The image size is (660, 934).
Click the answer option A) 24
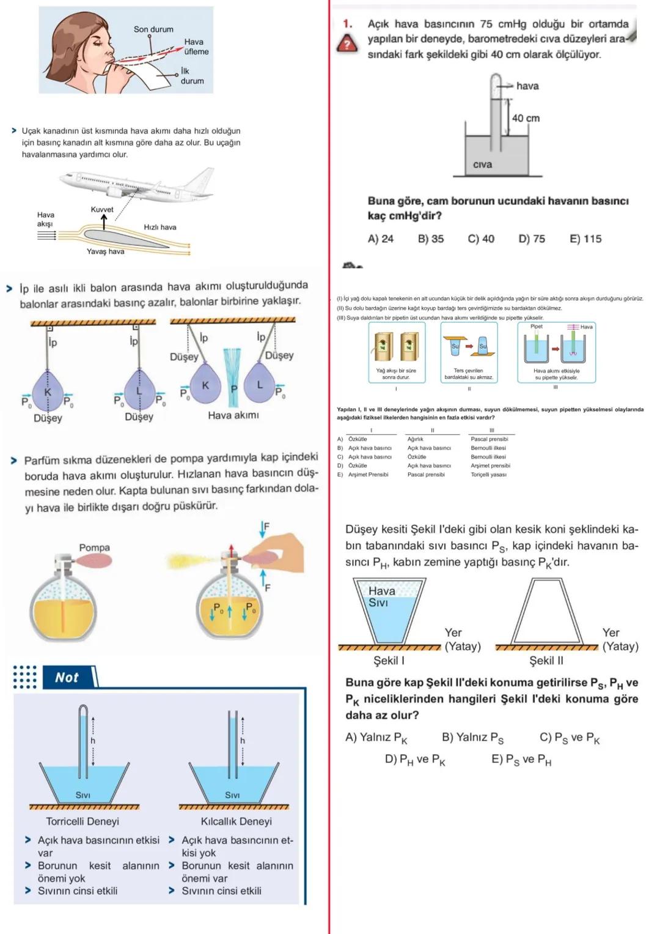[380, 239]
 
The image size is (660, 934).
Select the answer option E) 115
[585, 239]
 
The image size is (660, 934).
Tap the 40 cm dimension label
[526, 118]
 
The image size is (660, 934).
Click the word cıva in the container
[482, 164]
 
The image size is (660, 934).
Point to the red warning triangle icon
[348, 45]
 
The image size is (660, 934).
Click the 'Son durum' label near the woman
[153, 29]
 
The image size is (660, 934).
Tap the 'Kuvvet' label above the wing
[102, 209]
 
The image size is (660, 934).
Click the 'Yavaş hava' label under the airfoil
[105, 251]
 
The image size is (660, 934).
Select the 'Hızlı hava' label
[160, 227]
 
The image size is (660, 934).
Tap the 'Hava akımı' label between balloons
[233, 415]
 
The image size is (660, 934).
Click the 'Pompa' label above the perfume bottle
[94, 547]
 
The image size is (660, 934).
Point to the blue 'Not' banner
[68, 677]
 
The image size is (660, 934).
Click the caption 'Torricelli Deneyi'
[82, 821]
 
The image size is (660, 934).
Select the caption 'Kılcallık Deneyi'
[236, 821]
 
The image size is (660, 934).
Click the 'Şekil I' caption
[389, 661]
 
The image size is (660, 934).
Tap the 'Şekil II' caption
[546, 661]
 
